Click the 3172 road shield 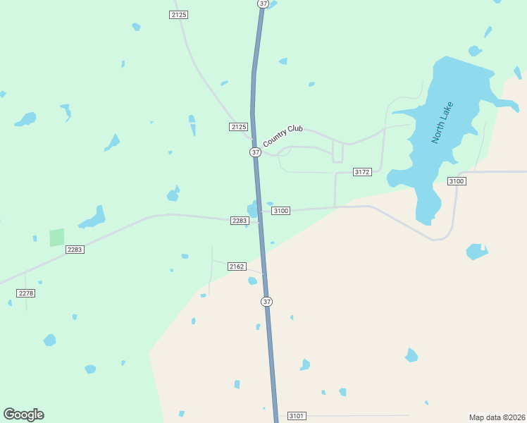coord(362,172)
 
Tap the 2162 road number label coord(237,266)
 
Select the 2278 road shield coord(26,293)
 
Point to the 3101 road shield coord(297,416)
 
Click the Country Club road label coord(283,136)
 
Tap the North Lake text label coord(443,123)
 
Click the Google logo coord(23,415)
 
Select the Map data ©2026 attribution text coord(497,417)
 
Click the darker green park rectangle coord(56,238)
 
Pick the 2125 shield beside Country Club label coord(239,127)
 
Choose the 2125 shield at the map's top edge coord(179,15)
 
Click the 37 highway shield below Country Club coord(255,152)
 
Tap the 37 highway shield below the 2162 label coord(266,302)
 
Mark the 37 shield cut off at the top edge coord(263,4)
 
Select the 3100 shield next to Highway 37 coord(281,211)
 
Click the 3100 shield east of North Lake coord(457,182)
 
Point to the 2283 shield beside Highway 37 coord(240,221)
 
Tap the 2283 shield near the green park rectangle coord(75,250)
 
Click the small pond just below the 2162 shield coord(252,281)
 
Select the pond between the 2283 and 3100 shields coord(253,210)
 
